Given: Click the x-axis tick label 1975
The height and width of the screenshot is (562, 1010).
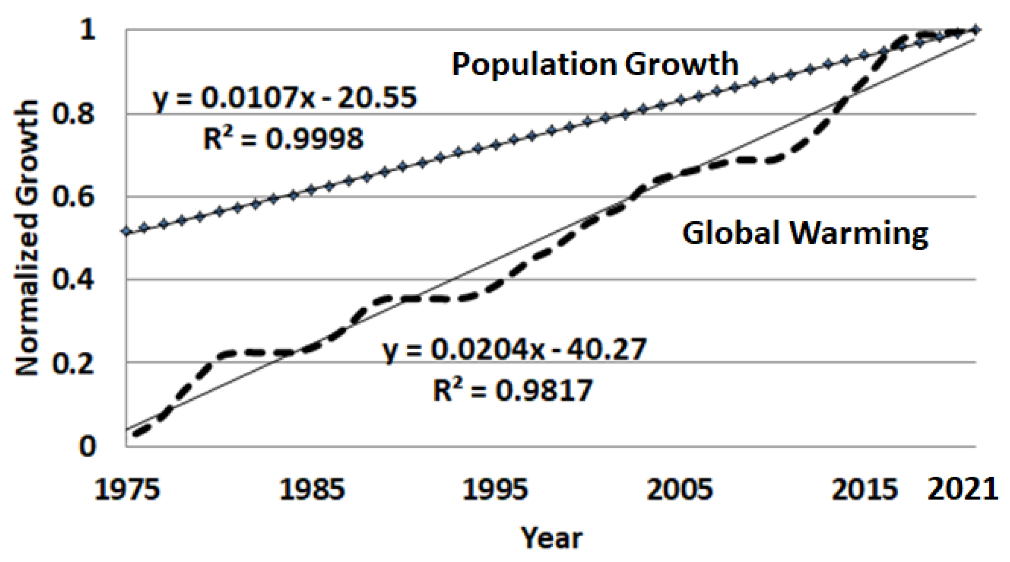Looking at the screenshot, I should [x=127, y=489].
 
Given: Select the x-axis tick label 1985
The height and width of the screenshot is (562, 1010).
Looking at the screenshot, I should [x=312, y=489].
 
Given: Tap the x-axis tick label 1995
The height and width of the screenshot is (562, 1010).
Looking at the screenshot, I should [x=495, y=489].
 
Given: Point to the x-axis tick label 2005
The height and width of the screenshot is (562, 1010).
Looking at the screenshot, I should [x=680, y=489].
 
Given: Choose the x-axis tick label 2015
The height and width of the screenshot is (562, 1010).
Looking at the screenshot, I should [x=864, y=489].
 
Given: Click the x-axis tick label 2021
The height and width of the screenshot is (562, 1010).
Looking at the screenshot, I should [x=963, y=489].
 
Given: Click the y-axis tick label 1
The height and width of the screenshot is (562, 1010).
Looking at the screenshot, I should [x=88, y=30].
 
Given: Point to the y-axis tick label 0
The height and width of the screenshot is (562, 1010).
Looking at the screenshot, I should [x=88, y=446].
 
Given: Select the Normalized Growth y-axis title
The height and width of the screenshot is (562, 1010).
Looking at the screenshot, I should [x=27, y=238].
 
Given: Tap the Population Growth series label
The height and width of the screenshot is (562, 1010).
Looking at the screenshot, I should [x=595, y=64].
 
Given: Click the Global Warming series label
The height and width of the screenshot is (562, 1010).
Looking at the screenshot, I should [x=805, y=233].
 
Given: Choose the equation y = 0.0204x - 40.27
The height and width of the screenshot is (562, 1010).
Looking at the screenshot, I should [x=514, y=349].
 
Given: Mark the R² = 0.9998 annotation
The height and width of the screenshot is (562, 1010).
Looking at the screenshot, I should [x=283, y=138].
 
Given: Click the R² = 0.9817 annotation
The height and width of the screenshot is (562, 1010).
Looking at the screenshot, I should [x=513, y=390].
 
